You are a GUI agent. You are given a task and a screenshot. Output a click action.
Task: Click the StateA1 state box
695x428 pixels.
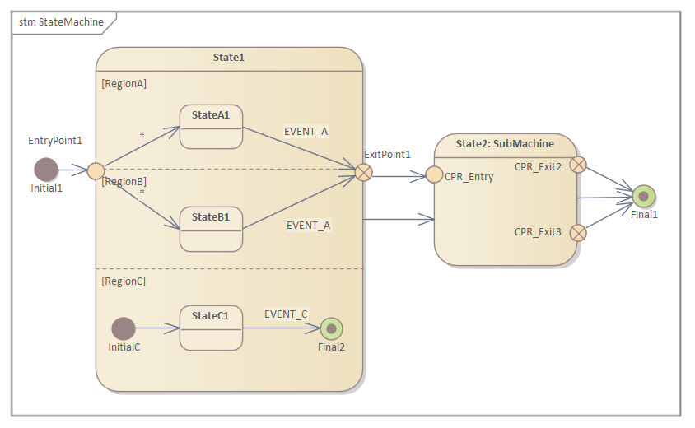(211, 126)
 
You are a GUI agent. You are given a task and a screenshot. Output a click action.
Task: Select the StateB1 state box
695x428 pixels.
(211, 228)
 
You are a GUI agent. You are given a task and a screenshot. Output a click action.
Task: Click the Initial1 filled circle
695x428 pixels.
(46, 170)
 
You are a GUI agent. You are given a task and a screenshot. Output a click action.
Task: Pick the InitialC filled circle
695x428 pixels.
(124, 328)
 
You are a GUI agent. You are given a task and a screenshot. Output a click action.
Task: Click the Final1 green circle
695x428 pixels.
(644, 196)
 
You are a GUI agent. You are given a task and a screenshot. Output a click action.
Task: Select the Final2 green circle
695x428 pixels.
(331, 328)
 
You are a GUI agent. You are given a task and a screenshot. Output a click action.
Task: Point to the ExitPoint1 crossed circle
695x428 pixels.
(363, 171)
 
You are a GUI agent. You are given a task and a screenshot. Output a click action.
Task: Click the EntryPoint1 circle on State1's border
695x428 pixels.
(96, 171)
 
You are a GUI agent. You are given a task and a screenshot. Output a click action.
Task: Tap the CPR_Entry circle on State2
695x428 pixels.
(434, 175)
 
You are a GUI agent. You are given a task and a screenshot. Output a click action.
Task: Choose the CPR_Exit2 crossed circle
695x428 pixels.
(578, 165)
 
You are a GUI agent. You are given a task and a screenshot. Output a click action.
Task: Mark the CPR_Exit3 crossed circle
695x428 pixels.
(578, 232)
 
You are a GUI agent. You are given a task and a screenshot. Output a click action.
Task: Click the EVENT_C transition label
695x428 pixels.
(286, 314)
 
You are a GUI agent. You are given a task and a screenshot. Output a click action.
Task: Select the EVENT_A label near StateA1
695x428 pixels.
(306, 131)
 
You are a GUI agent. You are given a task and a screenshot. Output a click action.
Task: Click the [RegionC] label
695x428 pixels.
(124, 281)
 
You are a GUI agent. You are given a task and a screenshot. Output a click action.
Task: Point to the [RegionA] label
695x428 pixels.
(124, 83)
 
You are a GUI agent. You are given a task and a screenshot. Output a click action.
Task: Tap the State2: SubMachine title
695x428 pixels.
(505, 143)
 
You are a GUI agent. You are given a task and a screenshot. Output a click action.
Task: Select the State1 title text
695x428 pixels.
(229, 57)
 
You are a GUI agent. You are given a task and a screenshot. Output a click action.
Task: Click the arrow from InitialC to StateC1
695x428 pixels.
(157, 328)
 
